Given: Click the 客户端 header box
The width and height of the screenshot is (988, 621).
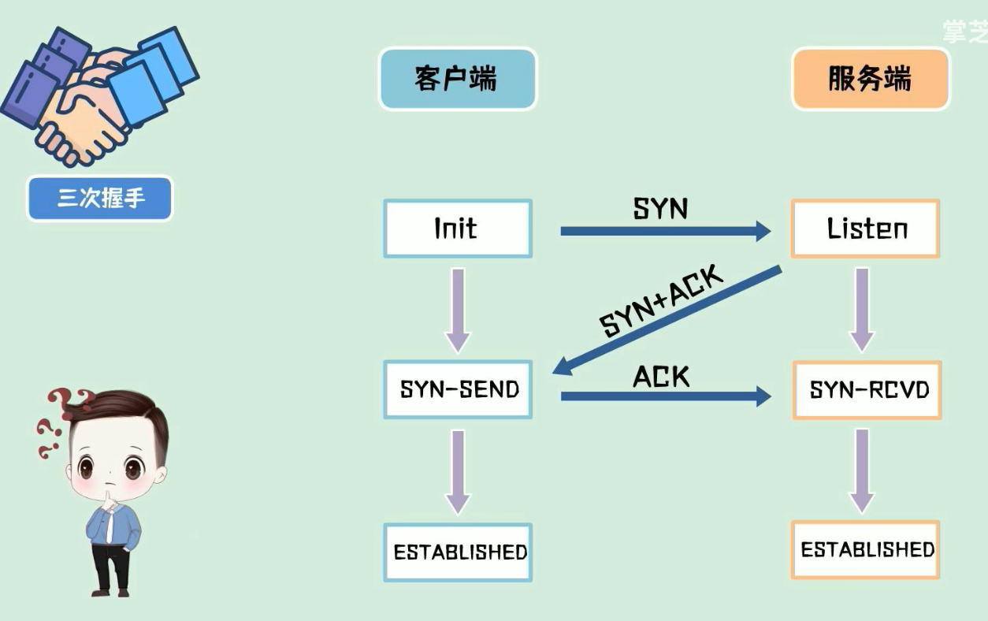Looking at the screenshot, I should [457, 79].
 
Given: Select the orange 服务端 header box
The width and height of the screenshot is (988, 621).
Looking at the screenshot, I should [870, 79].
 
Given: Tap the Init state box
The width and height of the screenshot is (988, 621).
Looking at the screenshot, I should [457, 229].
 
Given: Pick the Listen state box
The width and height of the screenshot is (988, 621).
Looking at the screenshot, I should [866, 229].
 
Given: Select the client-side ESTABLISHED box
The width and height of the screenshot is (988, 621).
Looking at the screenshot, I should [459, 552].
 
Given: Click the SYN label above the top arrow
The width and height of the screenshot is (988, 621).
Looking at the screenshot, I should [660, 209].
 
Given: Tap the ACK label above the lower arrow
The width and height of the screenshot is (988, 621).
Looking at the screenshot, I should [661, 377].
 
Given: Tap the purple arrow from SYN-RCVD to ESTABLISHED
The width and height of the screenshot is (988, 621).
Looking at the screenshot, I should [862, 470].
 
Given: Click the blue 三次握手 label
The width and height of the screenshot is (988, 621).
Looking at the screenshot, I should [100, 198].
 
